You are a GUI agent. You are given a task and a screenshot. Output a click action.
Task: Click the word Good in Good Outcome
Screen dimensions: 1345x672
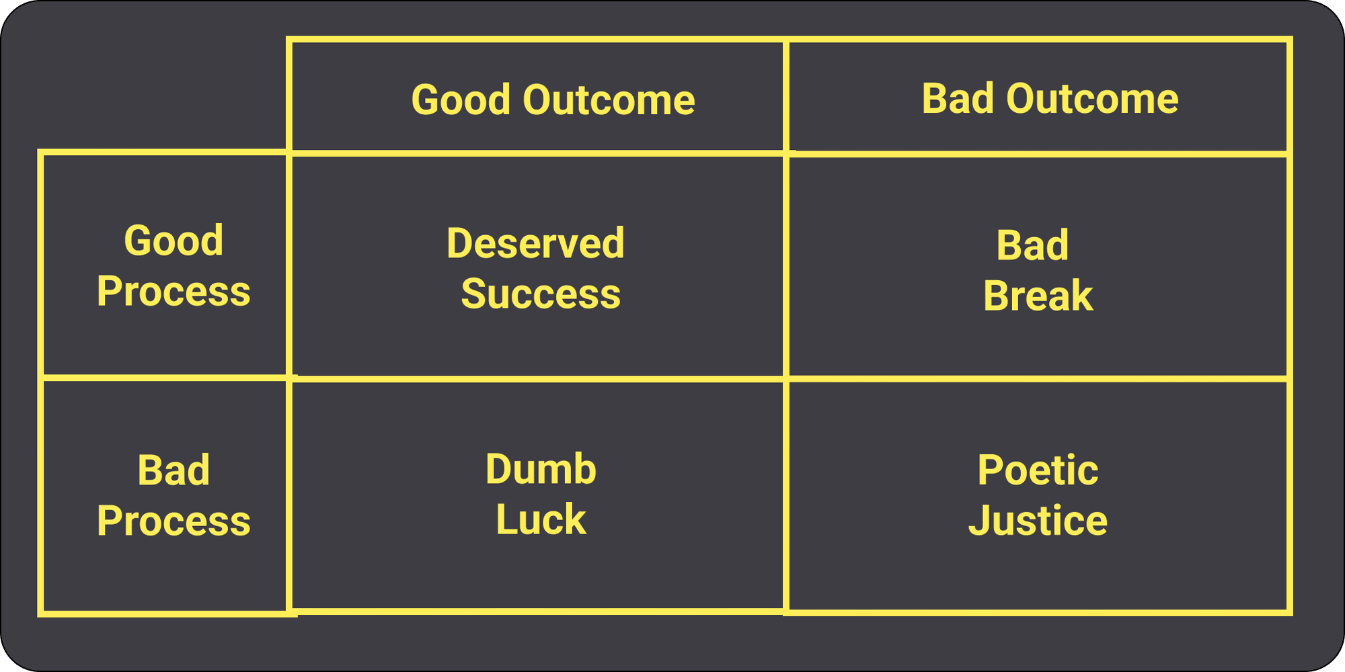(461, 100)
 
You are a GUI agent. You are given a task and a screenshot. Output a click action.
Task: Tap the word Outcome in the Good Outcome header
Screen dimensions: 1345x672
(609, 100)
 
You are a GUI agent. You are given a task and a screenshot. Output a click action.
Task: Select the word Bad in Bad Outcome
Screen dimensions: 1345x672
(958, 99)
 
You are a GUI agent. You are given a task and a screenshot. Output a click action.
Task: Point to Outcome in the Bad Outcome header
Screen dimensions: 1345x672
(1092, 99)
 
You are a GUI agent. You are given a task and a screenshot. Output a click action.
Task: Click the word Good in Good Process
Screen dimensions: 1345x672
(174, 241)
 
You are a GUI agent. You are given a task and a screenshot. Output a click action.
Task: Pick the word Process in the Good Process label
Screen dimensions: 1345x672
(174, 292)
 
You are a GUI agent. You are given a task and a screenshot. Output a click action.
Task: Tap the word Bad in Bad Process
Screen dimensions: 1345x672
(174, 470)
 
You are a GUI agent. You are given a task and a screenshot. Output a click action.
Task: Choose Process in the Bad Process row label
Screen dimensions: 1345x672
(174, 521)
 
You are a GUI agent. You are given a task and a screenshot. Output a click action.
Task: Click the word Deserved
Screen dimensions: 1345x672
(535, 243)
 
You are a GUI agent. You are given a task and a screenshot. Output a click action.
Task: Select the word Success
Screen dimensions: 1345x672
(541, 294)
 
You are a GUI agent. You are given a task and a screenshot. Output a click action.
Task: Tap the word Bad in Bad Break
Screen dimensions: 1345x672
(1032, 245)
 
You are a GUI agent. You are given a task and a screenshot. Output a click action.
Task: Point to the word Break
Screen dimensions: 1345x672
(1038, 296)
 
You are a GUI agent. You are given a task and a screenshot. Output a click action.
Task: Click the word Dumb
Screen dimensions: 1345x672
(541, 469)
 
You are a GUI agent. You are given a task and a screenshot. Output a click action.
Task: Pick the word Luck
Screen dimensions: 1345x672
(541, 519)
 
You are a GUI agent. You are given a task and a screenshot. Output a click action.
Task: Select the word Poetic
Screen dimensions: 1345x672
(1038, 470)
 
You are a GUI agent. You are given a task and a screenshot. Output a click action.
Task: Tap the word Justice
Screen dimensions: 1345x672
(1038, 521)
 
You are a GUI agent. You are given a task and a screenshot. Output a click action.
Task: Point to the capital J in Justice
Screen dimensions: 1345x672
(980, 521)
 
